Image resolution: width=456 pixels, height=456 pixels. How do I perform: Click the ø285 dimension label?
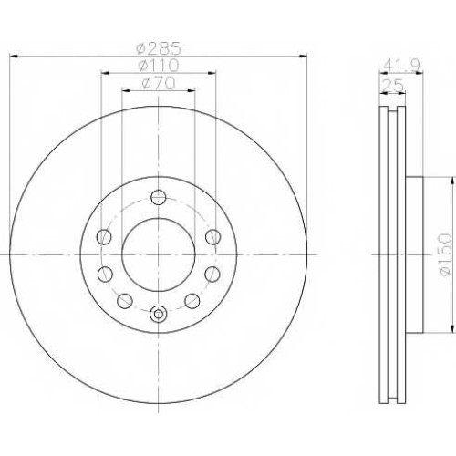(159, 48)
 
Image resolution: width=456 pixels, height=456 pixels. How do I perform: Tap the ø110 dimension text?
(158, 66)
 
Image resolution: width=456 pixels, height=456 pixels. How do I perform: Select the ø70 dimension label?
(159, 83)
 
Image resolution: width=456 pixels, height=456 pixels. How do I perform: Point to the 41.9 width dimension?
(401, 65)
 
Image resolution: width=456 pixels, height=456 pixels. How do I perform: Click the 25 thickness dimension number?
(393, 85)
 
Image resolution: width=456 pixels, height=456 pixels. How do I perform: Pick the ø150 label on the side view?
(446, 254)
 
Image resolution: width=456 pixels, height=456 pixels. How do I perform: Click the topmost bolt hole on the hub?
(159, 197)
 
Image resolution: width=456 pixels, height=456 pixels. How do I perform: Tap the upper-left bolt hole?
(104, 236)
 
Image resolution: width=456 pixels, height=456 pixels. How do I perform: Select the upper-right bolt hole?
(212, 236)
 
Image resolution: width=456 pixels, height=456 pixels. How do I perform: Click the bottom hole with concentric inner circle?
(159, 314)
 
